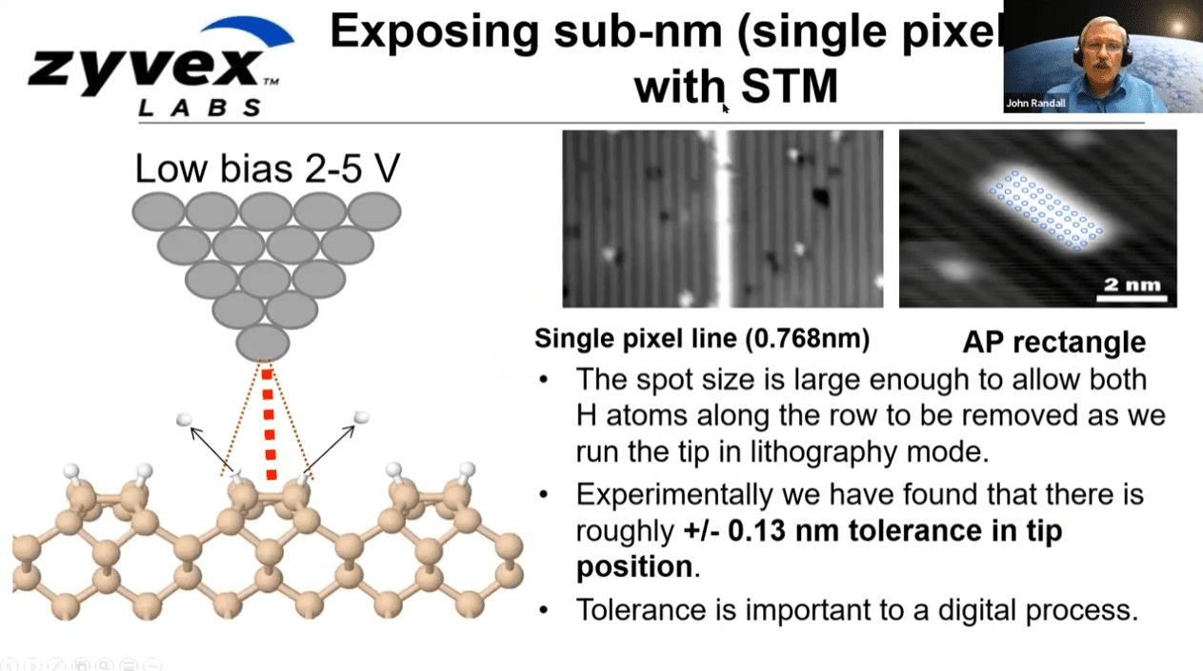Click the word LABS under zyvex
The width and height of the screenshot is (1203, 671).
coord(200,108)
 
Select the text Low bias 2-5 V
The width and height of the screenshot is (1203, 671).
coord(267,168)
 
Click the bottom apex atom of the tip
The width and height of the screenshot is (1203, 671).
coord(263,343)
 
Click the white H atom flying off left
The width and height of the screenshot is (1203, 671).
coord(184,420)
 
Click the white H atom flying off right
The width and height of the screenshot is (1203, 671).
coord(361,417)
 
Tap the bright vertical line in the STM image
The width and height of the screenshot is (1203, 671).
coord(722,219)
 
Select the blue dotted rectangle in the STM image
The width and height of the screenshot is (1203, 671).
coord(1047,210)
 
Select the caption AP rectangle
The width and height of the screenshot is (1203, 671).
coord(1053,342)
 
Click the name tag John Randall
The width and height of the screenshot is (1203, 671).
coord(1037,103)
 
